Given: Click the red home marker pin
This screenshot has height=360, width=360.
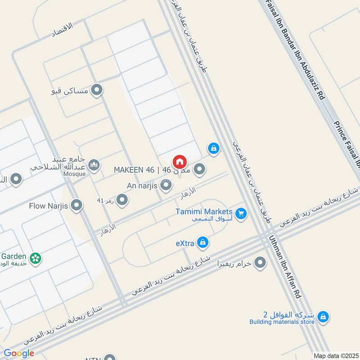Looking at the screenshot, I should click(179, 162).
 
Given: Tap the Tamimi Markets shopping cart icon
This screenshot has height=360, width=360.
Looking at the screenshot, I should click(242, 214).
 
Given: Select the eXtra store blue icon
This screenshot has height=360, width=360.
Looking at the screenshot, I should click(203, 243).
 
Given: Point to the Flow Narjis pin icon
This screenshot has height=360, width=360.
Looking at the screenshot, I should click(77, 206).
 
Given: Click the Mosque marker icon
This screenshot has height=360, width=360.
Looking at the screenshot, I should click(94, 165).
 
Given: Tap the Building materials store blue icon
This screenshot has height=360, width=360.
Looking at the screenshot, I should click(322, 318).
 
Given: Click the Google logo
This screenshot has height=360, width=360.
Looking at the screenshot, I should click(19, 353).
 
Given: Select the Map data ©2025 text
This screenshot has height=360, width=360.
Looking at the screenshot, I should click(335, 355).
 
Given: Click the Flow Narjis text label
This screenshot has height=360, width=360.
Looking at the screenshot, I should click(48, 206).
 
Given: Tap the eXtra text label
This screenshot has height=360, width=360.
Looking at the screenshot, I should click(184, 243).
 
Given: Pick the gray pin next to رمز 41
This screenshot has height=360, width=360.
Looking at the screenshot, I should click(122, 199).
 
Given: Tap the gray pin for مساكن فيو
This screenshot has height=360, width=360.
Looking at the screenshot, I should click(96, 91).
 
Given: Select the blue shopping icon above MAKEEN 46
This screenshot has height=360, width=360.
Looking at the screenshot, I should click(214, 148).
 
